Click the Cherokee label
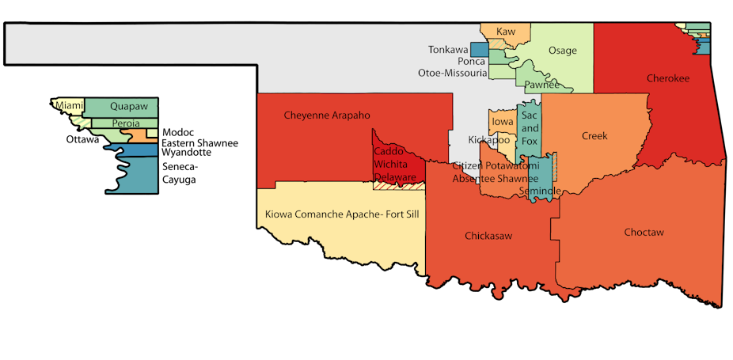coord(668,78)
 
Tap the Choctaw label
coord(644,233)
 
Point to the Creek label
coord(594,136)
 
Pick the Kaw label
coord(505,32)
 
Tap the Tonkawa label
coord(448,49)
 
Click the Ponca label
coord(471,61)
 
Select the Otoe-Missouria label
coord(453,73)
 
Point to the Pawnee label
coord(542,85)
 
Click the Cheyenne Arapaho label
coord(327,116)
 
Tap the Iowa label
coord(502,122)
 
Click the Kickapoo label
coord(488,140)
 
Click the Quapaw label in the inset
coord(128,105)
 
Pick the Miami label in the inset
coord(68,105)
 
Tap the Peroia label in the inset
coord(126,123)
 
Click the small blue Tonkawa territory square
coord(479,49)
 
